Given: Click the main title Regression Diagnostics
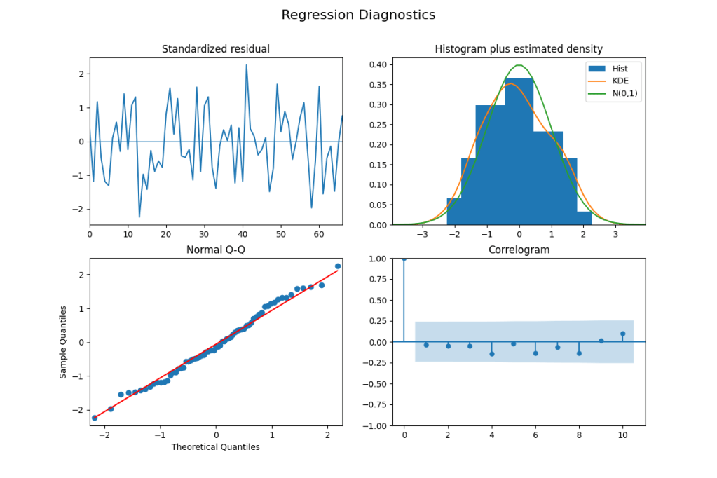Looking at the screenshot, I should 358,15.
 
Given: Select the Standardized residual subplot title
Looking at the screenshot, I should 216,49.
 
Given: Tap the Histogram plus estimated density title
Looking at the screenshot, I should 519,49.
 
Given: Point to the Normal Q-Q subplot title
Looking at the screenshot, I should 216,250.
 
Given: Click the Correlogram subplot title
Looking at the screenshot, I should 519,250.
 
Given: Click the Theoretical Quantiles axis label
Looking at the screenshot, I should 216,447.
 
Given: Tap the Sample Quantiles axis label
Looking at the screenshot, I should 63,342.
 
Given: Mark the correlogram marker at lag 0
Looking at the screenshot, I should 404,259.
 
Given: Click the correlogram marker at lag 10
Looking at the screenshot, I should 623,334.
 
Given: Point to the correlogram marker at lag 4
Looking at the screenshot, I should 491,354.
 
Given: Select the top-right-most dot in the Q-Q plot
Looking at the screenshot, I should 338,266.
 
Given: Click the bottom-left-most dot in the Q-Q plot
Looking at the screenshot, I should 95,418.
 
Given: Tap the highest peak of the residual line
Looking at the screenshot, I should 246,65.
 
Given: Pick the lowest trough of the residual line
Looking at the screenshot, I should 139,217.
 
